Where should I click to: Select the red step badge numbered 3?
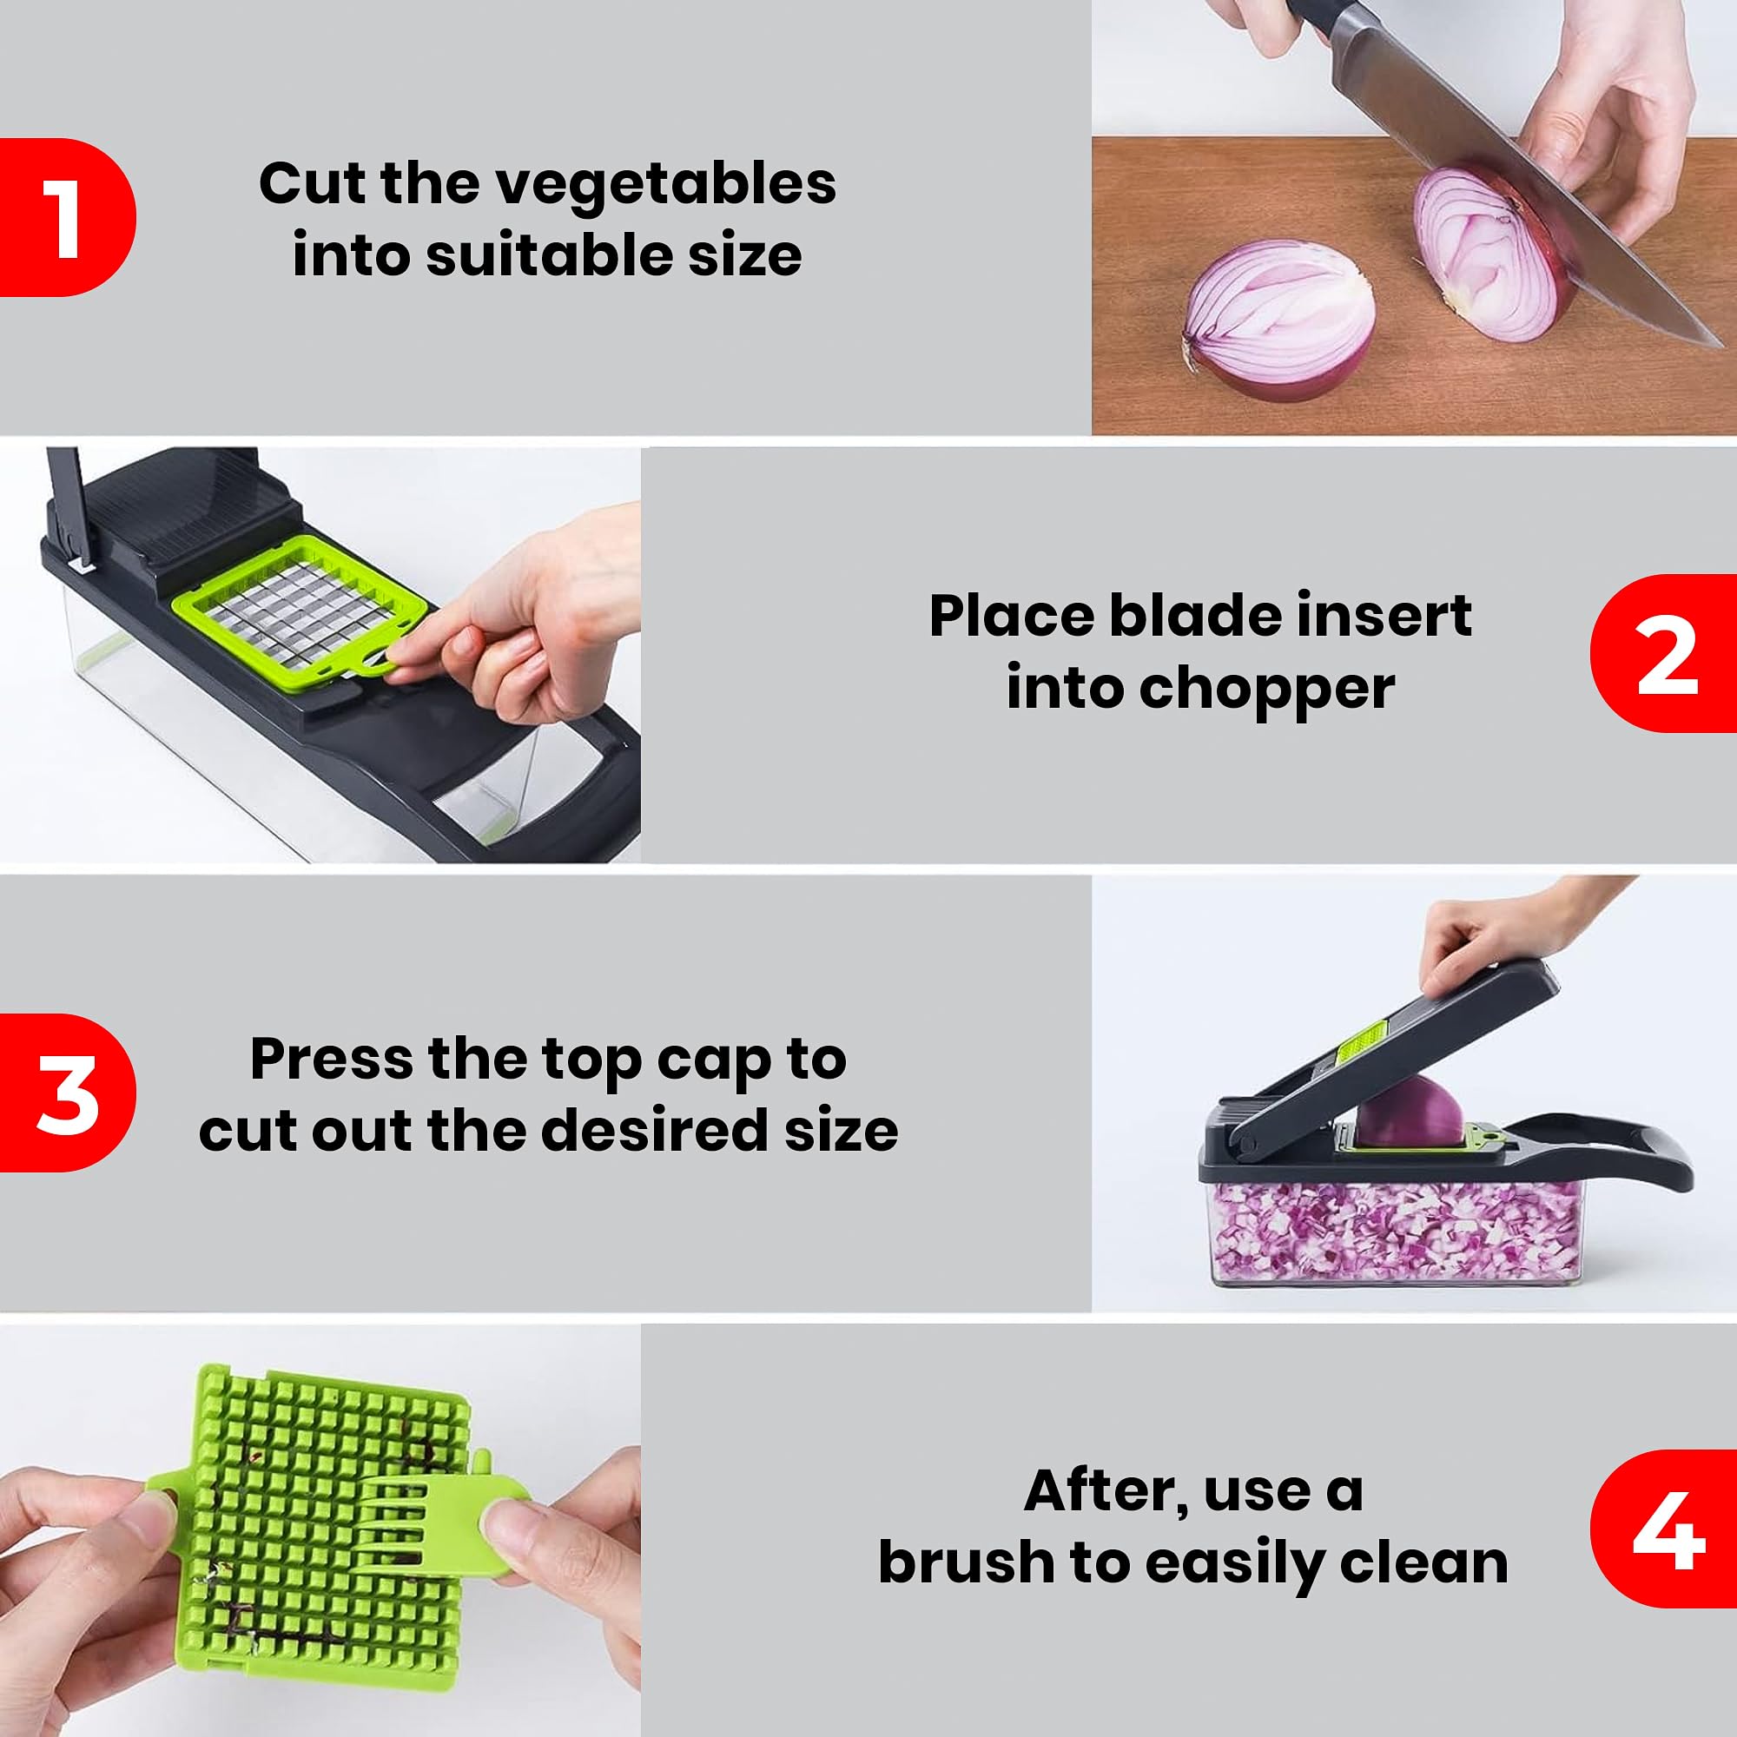click(x=67, y=1093)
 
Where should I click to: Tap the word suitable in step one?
click(x=550, y=255)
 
